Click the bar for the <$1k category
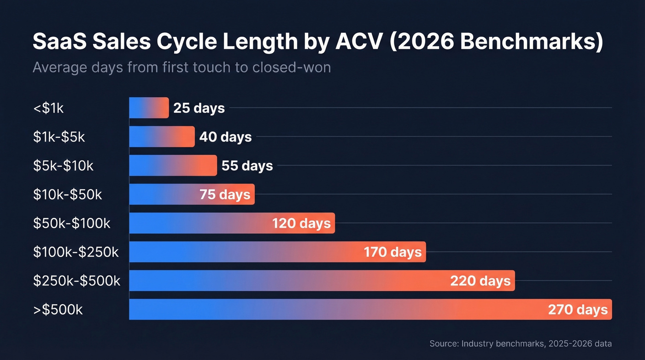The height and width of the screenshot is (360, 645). (149, 108)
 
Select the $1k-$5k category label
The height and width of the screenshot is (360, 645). (59, 137)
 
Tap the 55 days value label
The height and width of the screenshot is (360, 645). (247, 165)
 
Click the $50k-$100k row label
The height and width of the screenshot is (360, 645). (72, 223)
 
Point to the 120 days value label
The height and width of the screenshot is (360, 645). (301, 224)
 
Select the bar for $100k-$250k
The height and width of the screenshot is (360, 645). (244, 252)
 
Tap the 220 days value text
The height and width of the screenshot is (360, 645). (481, 281)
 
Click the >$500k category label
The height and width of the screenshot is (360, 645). (58, 310)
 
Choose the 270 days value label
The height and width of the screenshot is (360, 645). (578, 310)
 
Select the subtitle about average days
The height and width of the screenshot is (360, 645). (182, 67)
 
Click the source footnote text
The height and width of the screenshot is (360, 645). (521, 343)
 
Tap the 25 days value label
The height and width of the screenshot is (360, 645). (199, 108)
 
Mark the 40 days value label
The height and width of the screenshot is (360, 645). (225, 137)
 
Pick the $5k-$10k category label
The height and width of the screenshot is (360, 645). (63, 165)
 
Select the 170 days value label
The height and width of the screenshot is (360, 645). (393, 252)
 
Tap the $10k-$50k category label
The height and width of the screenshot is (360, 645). (67, 195)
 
